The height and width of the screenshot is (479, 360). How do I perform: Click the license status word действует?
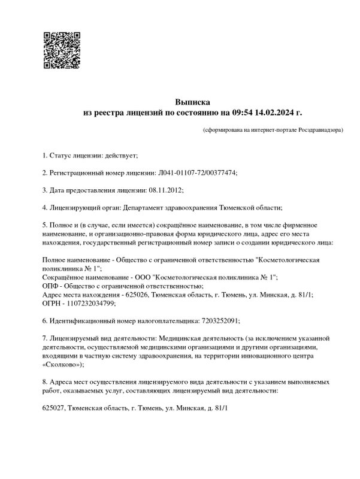point(122,156)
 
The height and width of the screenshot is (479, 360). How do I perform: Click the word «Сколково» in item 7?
point(62,364)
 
